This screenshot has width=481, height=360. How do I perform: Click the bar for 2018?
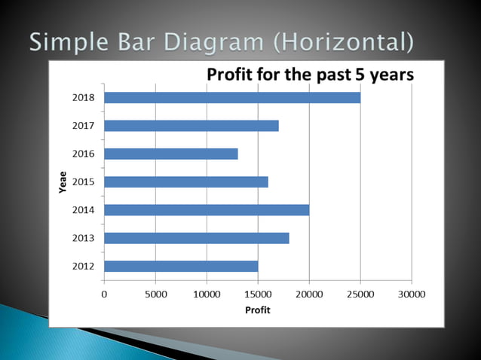point(232,98)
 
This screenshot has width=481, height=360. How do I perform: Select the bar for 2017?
point(191,126)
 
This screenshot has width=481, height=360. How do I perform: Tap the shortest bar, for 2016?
point(171,154)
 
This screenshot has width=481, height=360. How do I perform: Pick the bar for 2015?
point(186,182)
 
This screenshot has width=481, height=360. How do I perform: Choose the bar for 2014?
point(207,210)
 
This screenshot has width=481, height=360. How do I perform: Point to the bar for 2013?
point(197,238)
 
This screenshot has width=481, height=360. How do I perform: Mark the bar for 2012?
point(181,266)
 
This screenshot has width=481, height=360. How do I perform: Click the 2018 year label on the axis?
point(83,98)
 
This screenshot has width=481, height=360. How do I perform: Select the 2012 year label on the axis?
point(83,266)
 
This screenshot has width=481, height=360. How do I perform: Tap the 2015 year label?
point(83,182)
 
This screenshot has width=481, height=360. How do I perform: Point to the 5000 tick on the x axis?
point(155,294)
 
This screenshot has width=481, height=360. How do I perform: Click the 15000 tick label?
point(258,294)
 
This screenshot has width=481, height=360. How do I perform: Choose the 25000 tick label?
point(360,294)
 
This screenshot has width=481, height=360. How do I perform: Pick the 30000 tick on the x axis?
point(412,294)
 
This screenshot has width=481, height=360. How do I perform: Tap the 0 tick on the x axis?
point(104,294)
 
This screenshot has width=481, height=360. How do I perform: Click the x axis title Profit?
point(257,310)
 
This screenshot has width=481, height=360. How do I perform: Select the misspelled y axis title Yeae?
point(63,182)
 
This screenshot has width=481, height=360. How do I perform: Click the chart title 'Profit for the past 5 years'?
point(310,75)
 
